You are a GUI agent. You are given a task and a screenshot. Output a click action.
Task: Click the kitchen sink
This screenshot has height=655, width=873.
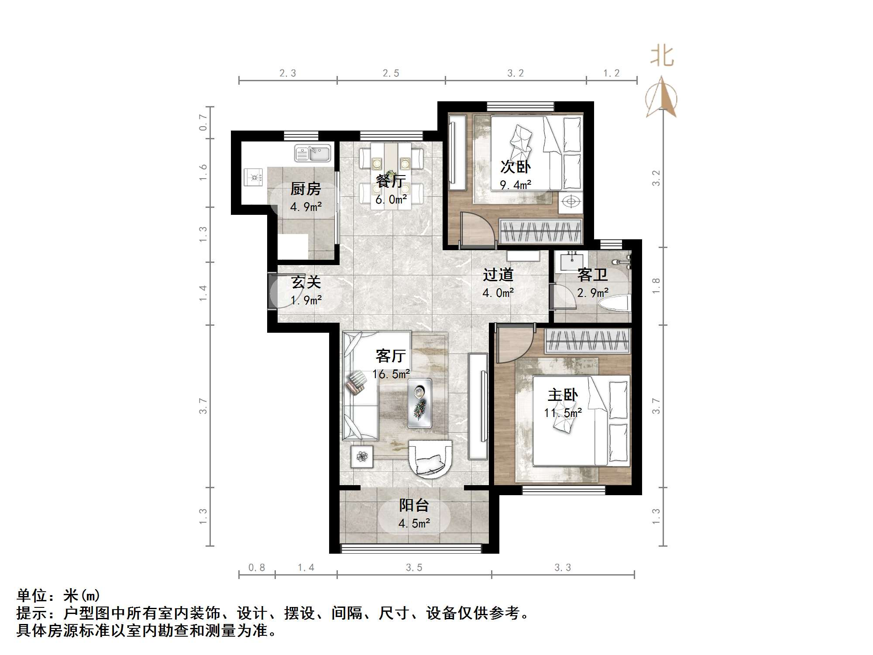click(x=313, y=153)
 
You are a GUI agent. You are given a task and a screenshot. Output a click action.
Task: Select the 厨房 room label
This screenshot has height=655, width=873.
click(x=306, y=189)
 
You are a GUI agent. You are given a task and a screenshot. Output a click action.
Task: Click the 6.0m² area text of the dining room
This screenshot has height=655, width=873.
click(x=391, y=200)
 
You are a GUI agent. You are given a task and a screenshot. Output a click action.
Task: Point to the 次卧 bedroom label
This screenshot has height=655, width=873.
click(x=516, y=167)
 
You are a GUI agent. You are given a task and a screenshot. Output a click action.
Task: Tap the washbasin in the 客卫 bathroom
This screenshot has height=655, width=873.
click(x=571, y=262)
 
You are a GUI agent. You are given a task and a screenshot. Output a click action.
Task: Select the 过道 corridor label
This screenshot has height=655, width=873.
click(x=498, y=275)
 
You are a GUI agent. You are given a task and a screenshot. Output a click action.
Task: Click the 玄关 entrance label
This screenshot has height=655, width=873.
click(x=306, y=282)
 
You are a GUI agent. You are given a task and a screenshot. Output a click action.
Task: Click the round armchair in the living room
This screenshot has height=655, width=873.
click(x=430, y=458)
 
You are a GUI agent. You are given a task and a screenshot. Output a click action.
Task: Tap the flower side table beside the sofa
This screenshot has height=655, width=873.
click(x=362, y=457)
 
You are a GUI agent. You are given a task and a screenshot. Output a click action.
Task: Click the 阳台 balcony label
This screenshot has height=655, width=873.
click(x=414, y=505)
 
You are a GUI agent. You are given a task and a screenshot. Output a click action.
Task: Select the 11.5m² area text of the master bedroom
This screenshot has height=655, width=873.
click(x=563, y=413)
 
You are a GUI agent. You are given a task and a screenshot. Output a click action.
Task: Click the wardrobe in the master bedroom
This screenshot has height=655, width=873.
click(x=588, y=341)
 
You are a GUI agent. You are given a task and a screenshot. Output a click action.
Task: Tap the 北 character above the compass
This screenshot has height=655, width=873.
click(x=662, y=57)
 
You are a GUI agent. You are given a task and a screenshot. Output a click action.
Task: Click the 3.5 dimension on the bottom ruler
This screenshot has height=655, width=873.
click(x=414, y=567)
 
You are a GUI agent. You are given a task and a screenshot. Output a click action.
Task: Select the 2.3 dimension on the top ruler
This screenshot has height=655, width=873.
click(x=288, y=73)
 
